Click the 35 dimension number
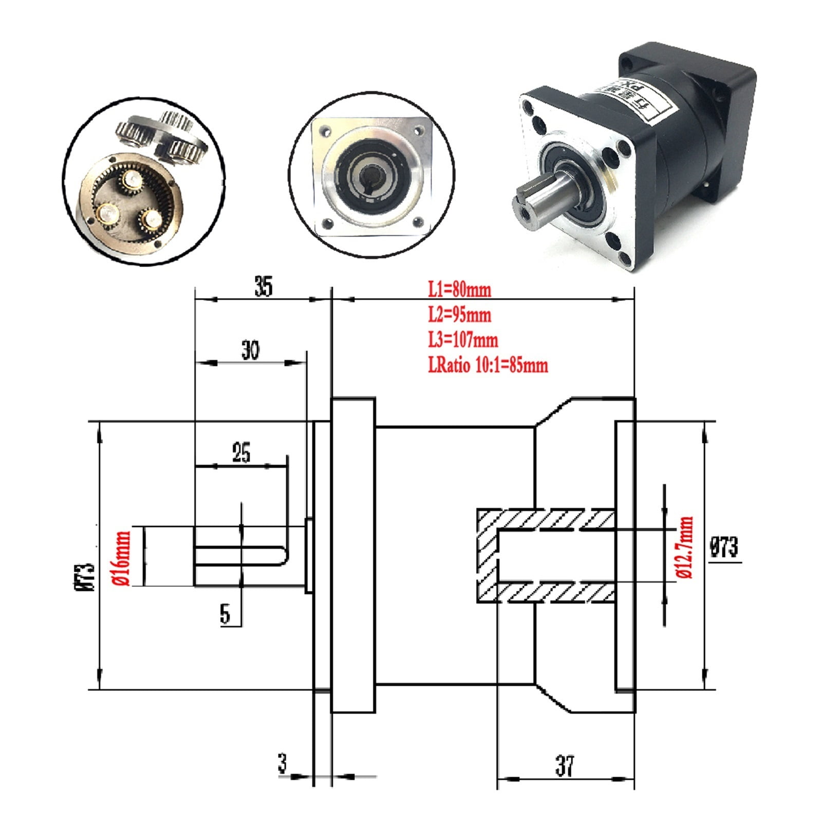(263, 287)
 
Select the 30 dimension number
(250, 350)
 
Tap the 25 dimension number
(241, 453)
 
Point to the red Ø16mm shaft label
(123, 558)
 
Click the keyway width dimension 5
(225, 614)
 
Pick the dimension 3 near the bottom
(283, 763)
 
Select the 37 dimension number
(565, 766)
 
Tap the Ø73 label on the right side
(724, 547)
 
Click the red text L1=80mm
(460, 290)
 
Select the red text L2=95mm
(460, 315)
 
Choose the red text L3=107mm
(463, 340)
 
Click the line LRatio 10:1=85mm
(488, 365)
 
